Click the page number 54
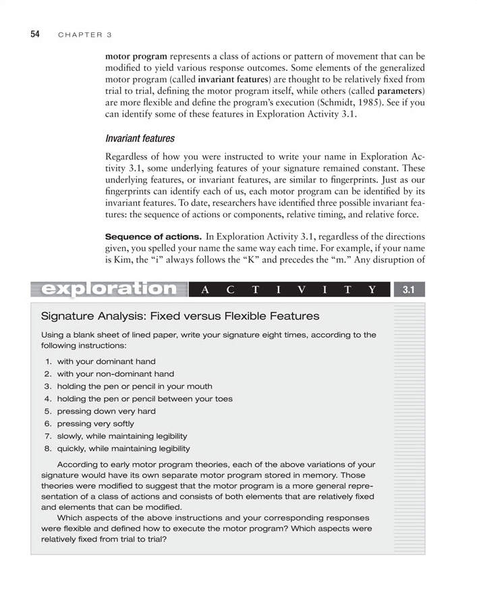pos(34,34)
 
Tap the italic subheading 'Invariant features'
pos(140,138)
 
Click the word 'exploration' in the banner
pos(108,289)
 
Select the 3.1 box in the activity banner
pos(408,290)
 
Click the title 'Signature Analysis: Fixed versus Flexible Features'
pos(180,316)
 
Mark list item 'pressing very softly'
pos(100,424)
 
